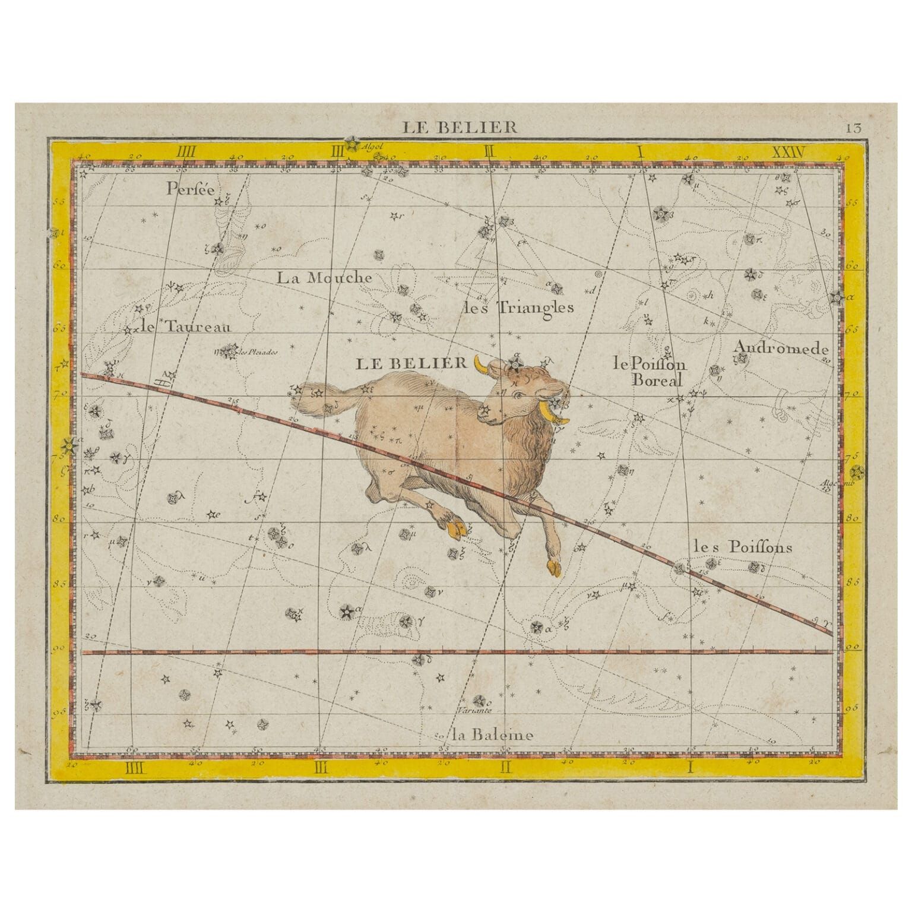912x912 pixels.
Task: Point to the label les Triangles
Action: (518, 308)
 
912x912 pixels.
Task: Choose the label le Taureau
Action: (186, 325)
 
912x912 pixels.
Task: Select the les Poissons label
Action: (742, 547)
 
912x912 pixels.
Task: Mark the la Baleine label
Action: (492, 735)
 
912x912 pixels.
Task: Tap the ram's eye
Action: (518, 395)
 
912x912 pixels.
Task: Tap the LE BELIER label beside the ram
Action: (411, 363)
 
